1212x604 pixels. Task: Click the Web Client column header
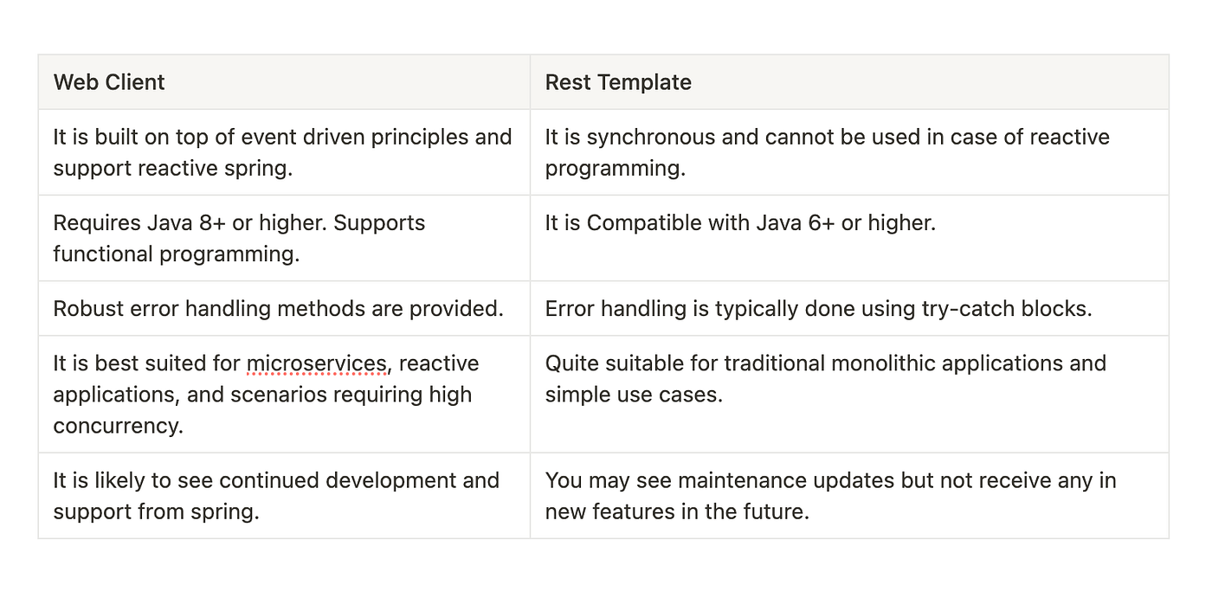tap(109, 82)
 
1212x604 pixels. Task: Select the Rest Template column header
tap(618, 82)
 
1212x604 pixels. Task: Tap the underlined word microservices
tap(317, 363)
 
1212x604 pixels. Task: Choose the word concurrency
tap(118, 426)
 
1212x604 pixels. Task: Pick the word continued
tap(276, 480)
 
